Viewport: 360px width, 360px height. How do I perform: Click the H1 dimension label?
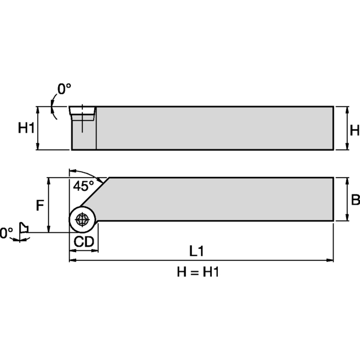coord(26,128)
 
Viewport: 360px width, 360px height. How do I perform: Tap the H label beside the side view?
coord(354,130)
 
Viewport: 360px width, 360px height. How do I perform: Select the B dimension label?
coord(355,200)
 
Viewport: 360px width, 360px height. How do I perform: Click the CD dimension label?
coord(83,242)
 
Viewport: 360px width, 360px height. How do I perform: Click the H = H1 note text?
coord(198,272)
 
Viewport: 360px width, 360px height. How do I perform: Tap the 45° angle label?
coord(84,186)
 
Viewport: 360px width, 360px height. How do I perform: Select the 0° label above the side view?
coord(64,89)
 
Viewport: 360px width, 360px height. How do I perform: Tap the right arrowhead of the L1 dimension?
coord(330,260)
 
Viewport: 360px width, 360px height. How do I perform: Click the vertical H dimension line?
coord(345,128)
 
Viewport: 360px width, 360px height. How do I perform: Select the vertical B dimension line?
coord(345,199)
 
